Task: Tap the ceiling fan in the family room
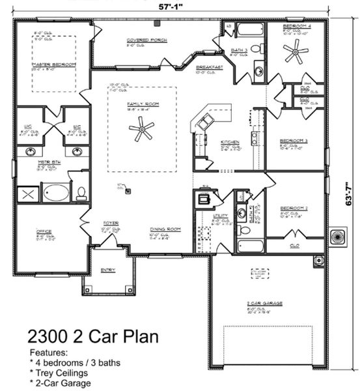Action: click(141, 132)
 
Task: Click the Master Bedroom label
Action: click(54, 65)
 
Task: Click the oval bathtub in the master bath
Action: click(56, 192)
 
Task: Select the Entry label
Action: click(108, 269)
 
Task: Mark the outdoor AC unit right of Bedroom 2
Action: click(338, 237)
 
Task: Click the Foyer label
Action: click(110, 223)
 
